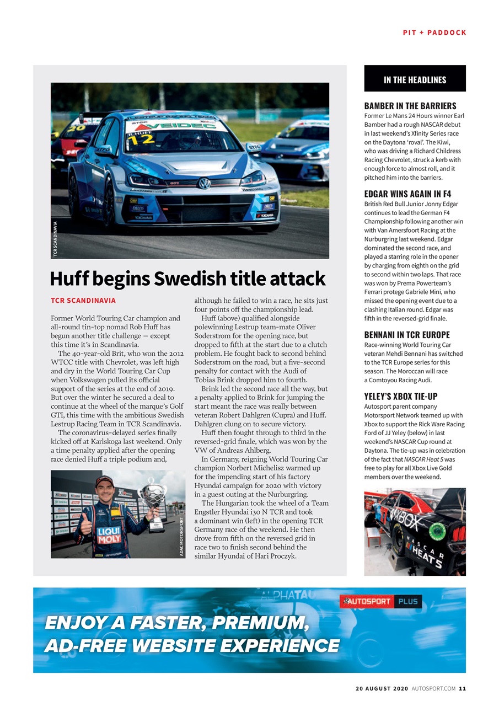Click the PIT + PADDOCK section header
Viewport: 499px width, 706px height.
coord(434,33)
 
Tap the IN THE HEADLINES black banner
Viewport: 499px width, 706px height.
coord(415,79)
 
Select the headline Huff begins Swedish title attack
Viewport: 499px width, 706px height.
coord(187,279)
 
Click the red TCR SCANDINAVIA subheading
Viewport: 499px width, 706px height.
coord(83,301)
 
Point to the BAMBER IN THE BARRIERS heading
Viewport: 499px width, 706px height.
coord(410,105)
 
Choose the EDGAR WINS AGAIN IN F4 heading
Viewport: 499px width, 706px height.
coord(407,194)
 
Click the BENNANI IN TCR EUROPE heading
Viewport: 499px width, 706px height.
coord(407,335)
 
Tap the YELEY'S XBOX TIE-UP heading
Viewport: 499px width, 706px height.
coord(401,397)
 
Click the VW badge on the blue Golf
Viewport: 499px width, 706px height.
coord(204,183)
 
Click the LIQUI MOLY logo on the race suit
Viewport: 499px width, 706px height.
coord(109,535)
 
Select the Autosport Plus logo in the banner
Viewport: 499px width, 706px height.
coord(380,601)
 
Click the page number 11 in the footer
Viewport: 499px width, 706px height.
coord(463,688)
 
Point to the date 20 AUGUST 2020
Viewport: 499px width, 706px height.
coord(381,688)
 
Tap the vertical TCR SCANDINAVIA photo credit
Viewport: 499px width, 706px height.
coord(55,238)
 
